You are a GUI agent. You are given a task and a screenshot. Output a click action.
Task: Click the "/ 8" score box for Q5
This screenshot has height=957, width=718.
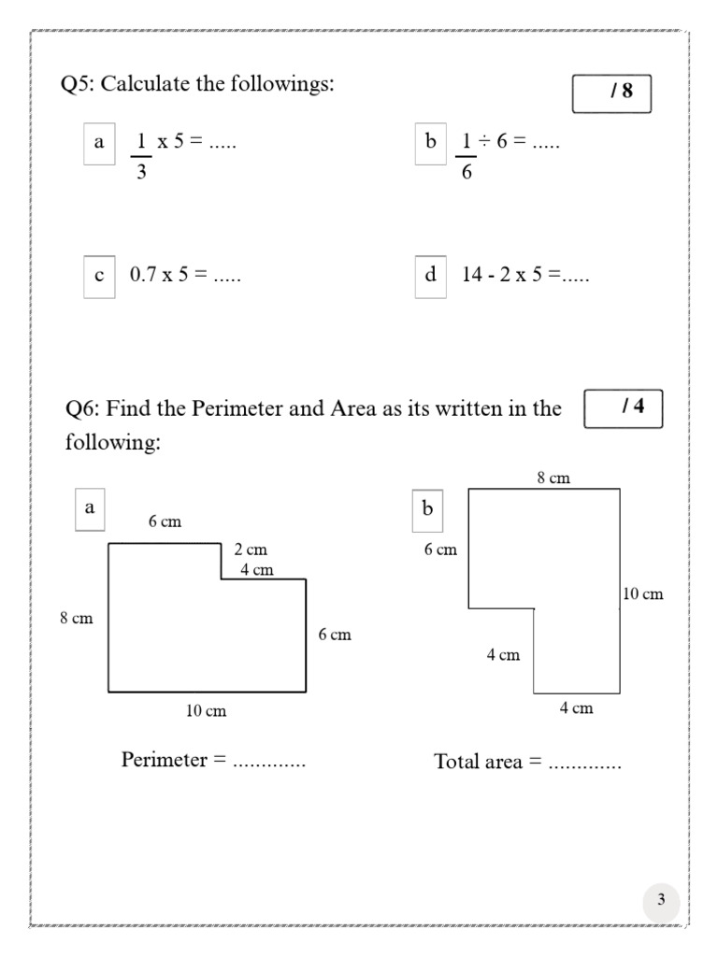coord(611,93)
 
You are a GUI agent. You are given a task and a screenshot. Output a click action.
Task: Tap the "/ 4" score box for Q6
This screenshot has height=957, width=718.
coord(623,407)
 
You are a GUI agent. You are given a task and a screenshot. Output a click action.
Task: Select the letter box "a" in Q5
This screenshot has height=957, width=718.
coord(99,143)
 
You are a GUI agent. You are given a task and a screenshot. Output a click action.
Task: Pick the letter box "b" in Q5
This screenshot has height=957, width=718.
coord(430,143)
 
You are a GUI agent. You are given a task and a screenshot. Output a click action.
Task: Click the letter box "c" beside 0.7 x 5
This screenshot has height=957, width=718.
coord(99,276)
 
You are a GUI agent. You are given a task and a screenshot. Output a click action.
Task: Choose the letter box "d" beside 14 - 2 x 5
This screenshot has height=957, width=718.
coord(430,276)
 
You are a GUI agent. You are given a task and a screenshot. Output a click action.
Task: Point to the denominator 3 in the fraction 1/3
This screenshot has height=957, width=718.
coord(141,173)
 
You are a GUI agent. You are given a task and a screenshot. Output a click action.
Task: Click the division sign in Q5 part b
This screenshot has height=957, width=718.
coord(486,142)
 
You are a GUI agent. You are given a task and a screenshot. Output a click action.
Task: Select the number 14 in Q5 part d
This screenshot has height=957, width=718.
coord(472,276)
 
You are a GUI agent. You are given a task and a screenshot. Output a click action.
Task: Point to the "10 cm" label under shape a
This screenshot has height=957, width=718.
coord(206,711)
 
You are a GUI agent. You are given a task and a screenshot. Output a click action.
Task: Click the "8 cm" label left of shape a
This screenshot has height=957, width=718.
coord(77,618)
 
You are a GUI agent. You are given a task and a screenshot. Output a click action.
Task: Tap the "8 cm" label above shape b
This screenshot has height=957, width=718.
coord(553,478)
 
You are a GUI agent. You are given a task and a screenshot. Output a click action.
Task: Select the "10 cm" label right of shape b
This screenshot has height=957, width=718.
coord(642,593)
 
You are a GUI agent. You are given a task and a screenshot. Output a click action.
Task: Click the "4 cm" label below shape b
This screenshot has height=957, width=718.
coord(576,707)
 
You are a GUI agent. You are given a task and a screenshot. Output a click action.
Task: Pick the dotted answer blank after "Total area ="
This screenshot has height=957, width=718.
coord(584,764)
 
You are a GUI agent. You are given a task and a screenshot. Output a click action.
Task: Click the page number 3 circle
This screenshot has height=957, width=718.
coord(661,901)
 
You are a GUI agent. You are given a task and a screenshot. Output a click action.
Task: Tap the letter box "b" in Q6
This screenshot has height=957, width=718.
coord(428,509)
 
